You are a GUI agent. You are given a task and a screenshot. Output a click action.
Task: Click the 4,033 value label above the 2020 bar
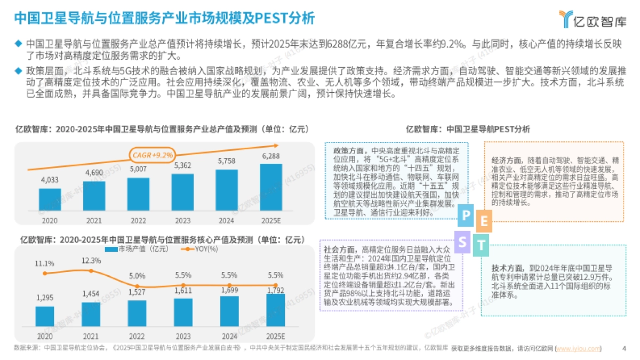pyautogui.click(x=50, y=179)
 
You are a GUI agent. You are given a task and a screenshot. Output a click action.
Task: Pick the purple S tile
pyautogui.click(x=462, y=242)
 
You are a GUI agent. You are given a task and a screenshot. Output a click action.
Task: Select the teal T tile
pyautogui.click(x=481, y=245)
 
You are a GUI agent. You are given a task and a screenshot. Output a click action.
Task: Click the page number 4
pyautogui.click(x=624, y=349)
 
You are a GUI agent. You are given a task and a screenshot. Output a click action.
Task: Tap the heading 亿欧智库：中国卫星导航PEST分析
pyautogui.click(x=467, y=129)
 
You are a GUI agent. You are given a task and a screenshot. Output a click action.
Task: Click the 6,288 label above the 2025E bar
pyautogui.click(x=271, y=156)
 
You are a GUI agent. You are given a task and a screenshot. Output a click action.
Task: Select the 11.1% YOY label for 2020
pyautogui.click(x=45, y=263)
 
